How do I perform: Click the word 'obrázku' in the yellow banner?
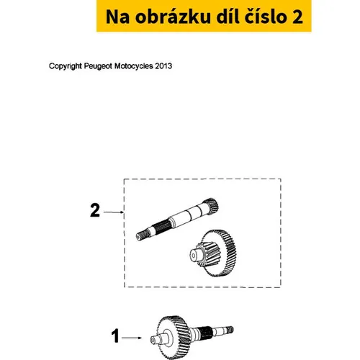click(x=173, y=17)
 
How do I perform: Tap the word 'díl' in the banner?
click(x=226, y=17)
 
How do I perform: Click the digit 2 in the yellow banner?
click(x=297, y=17)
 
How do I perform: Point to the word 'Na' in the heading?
click(x=117, y=17)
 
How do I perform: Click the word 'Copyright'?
click(x=66, y=66)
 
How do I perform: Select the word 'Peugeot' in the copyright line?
click(x=98, y=66)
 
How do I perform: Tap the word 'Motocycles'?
click(x=133, y=66)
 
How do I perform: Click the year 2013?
click(x=163, y=66)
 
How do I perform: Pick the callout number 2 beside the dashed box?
click(x=95, y=210)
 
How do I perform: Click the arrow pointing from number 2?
click(x=114, y=212)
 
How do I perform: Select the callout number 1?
click(x=115, y=336)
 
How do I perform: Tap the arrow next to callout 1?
click(x=132, y=338)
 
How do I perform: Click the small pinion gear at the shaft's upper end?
click(x=211, y=206)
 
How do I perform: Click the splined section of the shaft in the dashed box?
click(x=161, y=226)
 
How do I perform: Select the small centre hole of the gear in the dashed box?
click(x=193, y=256)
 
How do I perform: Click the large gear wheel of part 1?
click(x=174, y=337)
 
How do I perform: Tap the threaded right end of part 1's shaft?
click(x=230, y=330)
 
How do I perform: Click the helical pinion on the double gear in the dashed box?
click(x=205, y=254)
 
